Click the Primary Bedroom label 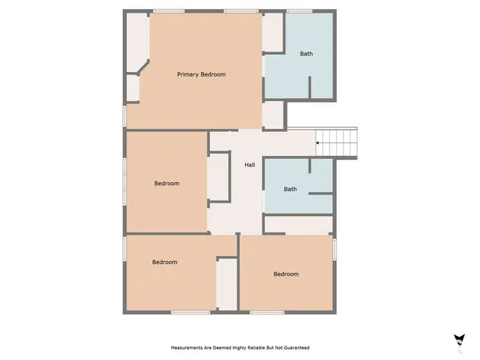pos(201,74)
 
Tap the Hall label pos(250,165)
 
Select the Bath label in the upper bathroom pos(307,54)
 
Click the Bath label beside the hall pos(290,189)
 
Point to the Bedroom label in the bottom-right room pos(286,274)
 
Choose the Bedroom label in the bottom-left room pos(164,262)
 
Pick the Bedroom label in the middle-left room pos(166,184)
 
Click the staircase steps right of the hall pos(340,142)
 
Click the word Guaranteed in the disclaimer pos(295,348)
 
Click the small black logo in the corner pos(458,340)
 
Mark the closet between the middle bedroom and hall pos(218,177)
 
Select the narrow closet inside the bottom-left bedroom pos(226,284)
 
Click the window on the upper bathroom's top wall pos(299,11)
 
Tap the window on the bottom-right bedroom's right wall pos(334,247)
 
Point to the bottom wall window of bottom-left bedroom pos(190,312)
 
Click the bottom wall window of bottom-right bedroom pos(267,312)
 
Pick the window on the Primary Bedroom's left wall pos(124,115)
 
